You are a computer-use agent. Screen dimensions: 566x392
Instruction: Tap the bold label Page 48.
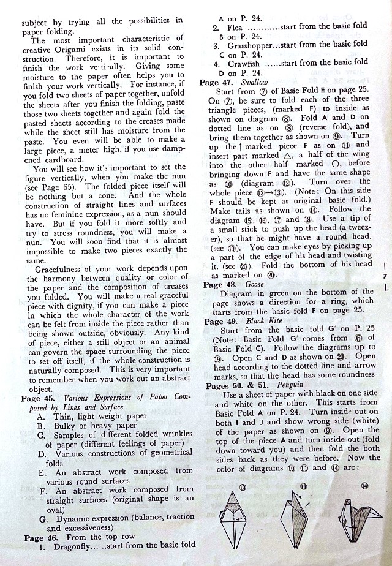(x=221, y=285)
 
